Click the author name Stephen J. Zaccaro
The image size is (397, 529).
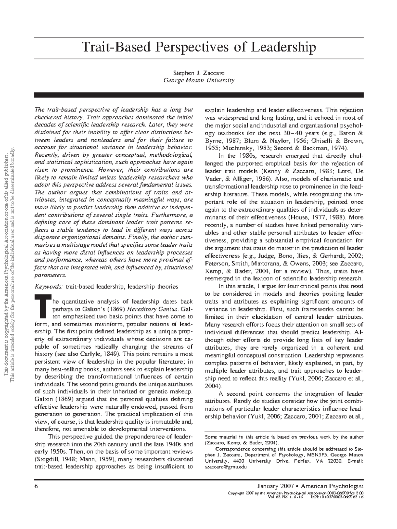(199, 72)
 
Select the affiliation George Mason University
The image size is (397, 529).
(199, 80)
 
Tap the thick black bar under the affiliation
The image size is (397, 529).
(199, 95)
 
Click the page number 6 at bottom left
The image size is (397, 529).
(36, 486)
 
